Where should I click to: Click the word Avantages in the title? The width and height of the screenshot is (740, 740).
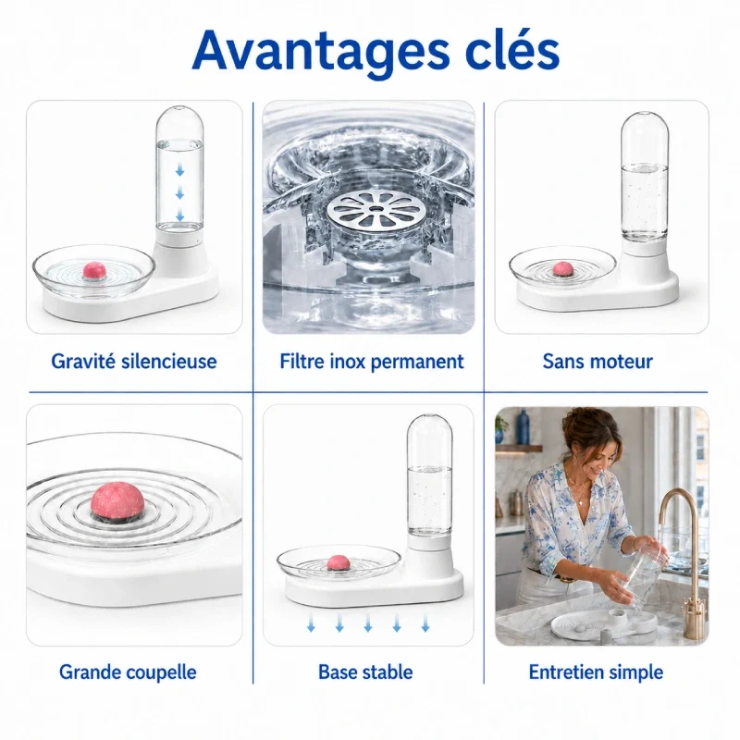point(321,52)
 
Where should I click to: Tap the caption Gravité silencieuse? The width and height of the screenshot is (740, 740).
point(133,362)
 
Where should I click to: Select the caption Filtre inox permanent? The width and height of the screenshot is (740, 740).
point(372,362)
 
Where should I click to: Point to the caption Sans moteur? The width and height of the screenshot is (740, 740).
point(598,362)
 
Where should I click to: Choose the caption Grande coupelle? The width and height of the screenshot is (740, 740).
point(128,672)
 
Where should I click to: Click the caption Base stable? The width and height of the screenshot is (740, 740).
point(365,672)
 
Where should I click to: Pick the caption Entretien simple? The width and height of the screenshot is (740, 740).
point(596,672)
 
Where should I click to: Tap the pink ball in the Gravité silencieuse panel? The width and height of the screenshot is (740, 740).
point(95,270)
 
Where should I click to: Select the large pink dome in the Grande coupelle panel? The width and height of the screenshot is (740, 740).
point(117,499)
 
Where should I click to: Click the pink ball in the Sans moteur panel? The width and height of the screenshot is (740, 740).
point(563,268)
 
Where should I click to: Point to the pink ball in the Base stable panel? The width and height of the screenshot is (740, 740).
point(339,561)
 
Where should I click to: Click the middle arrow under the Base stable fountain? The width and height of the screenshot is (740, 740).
point(368,623)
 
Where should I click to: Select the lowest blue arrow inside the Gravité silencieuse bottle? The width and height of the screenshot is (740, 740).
point(179,216)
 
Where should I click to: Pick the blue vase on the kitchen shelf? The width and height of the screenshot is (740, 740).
point(523,426)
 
